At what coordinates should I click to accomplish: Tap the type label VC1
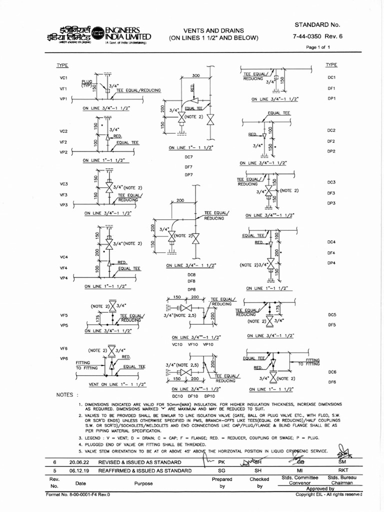63,78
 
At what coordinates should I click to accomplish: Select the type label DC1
331,77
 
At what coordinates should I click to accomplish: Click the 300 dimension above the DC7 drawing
196,75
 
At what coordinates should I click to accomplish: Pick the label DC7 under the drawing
188,157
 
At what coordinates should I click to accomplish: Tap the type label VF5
63,315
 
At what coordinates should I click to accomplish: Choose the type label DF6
332,382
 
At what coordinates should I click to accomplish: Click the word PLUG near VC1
88,81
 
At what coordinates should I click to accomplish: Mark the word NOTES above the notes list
67,394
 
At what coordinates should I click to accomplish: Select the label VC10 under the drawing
177,344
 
